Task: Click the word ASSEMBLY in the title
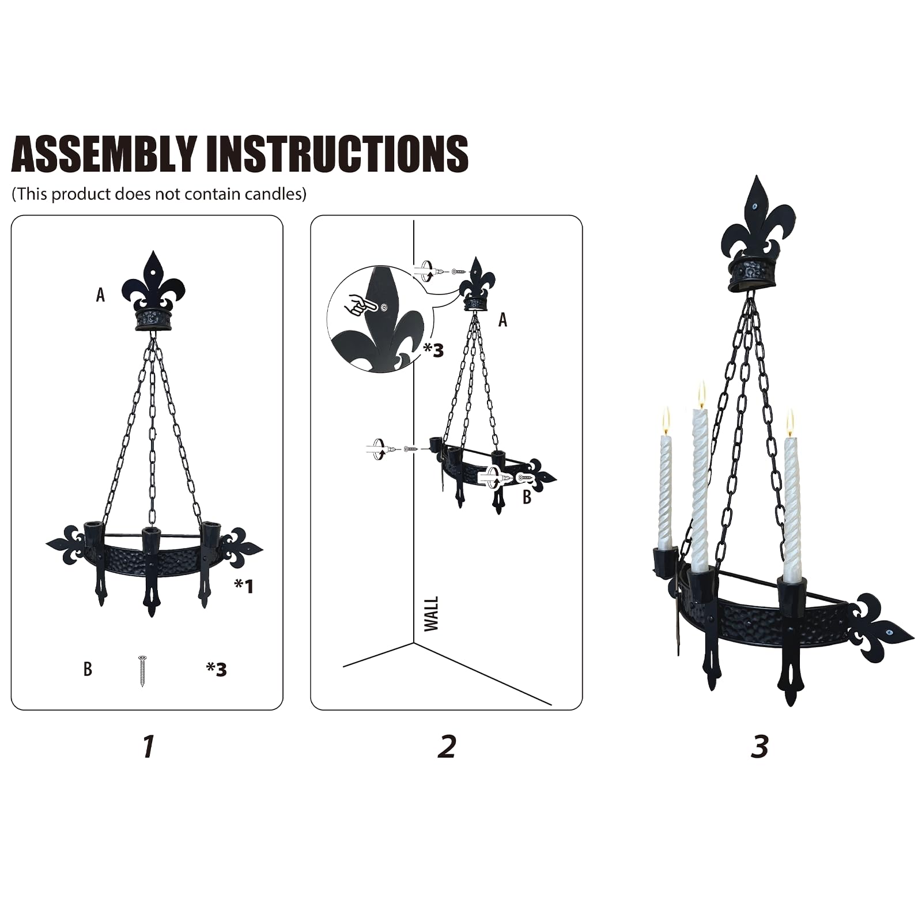pyautogui.click(x=104, y=154)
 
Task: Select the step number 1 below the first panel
pyautogui.click(x=149, y=746)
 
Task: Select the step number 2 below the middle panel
pyautogui.click(x=447, y=746)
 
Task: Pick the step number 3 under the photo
pyautogui.click(x=759, y=746)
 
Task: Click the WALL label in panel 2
pyautogui.click(x=431, y=614)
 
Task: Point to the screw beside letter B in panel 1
pyautogui.click(x=142, y=671)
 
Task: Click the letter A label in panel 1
pyautogui.click(x=101, y=295)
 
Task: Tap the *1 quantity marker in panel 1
pyautogui.click(x=244, y=586)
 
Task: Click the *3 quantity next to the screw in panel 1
pyautogui.click(x=217, y=669)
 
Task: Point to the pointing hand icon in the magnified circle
pyautogui.click(x=358, y=304)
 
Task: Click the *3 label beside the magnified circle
pyautogui.click(x=433, y=350)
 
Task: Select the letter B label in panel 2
pyautogui.click(x=527, y=497)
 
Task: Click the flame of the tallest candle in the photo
pyautogui.click(x=701, y=394)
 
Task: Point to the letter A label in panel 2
pyautogui.click(x=502, y=320)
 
